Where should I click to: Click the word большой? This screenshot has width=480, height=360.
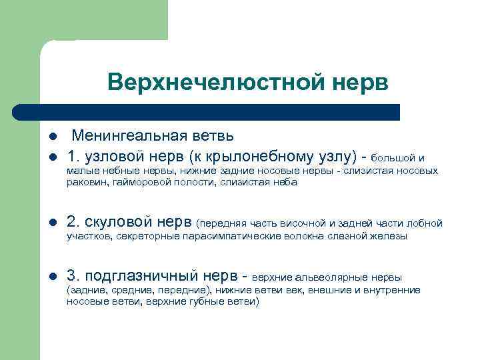(393, 158)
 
